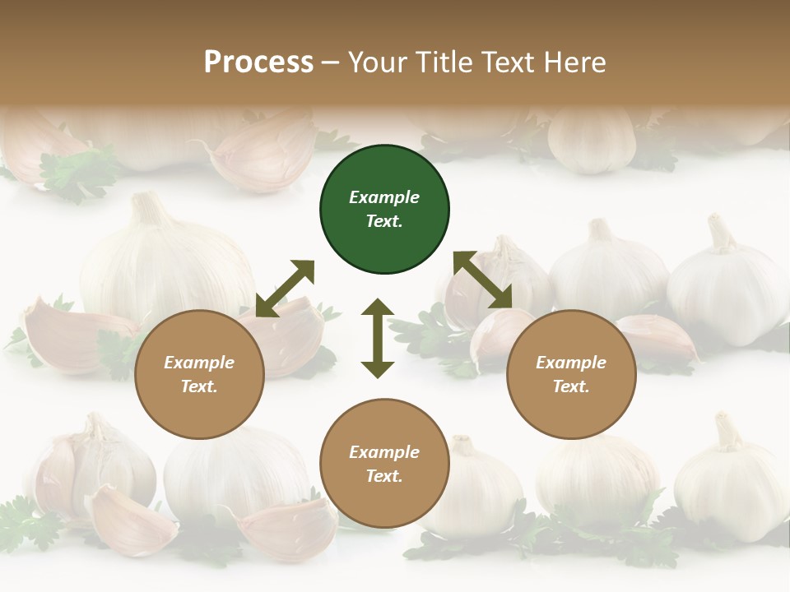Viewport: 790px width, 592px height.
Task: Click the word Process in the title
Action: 258,62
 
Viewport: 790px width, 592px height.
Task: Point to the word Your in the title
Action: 378,62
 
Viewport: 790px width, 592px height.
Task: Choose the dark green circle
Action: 384,210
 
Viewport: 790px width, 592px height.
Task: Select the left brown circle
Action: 199,374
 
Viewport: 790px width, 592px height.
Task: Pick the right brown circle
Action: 571,374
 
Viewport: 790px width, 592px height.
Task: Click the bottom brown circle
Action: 384,464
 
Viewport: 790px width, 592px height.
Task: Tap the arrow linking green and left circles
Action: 285,289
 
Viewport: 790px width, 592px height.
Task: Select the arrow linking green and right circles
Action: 483,280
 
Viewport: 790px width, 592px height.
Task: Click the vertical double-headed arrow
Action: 378,338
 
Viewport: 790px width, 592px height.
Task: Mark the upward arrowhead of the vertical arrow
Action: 378,308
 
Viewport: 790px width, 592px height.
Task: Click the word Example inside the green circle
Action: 384,197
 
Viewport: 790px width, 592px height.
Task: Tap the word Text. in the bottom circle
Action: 384,476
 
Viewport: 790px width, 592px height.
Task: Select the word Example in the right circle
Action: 571,363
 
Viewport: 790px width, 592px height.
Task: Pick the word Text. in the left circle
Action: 199,386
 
